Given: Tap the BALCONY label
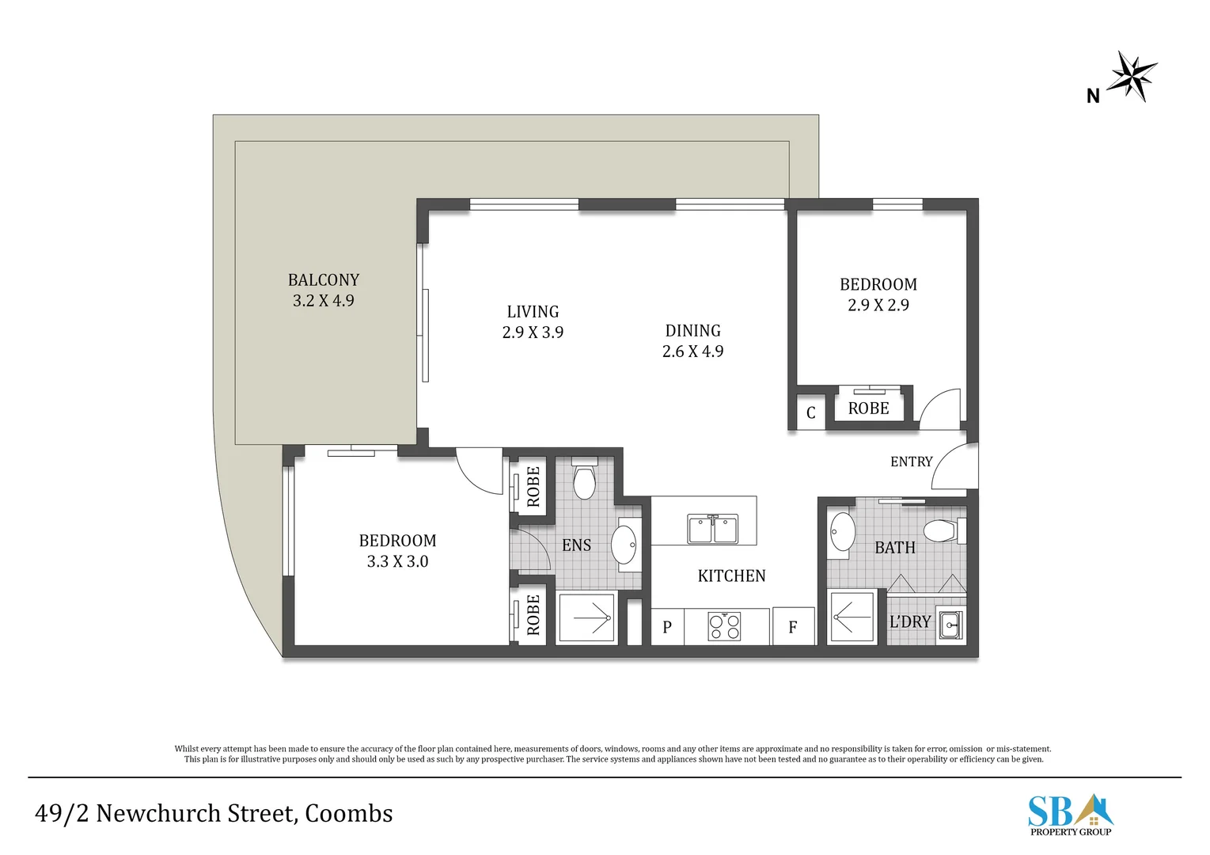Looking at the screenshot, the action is tap(323, 280).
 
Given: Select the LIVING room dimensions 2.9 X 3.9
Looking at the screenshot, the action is tap(533, 332).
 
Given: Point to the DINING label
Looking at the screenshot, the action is tap(692, 331).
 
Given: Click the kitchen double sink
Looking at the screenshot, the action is tap(712, 529).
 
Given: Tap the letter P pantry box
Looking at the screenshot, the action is tap(667, 627).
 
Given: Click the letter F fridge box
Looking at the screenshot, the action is tap(793, 627).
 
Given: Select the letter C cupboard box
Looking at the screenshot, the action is tap(811, 413).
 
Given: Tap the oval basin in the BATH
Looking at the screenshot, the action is tap(841, 532).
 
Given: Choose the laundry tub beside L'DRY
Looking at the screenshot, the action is tap(950, 625).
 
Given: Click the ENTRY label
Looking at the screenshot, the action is tap(912, 462).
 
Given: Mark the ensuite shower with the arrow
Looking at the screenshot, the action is tap(586, 618).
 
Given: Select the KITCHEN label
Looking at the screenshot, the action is tap(731, 576).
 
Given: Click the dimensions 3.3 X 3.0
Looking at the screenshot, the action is tap(397, 561).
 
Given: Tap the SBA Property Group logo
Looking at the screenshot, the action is tap(1070, 815).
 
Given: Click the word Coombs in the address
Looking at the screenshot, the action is tap(348, 813).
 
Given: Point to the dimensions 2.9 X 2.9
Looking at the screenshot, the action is tap(878, 306).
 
